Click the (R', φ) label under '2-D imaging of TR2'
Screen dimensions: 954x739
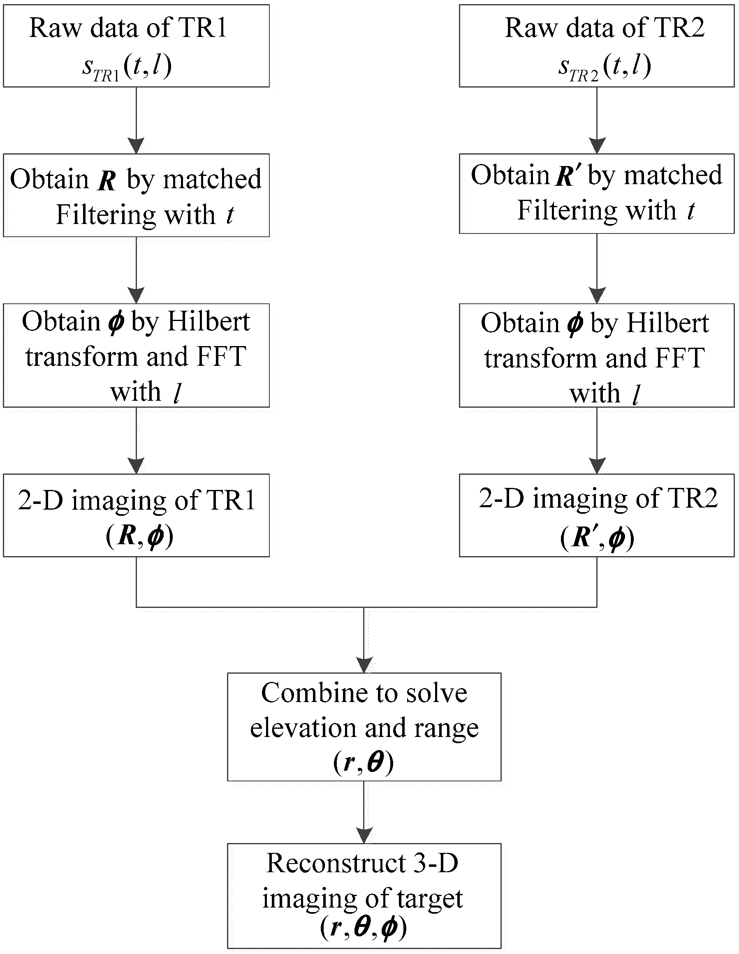[597, 538]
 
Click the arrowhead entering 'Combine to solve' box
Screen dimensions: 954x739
[364, 664]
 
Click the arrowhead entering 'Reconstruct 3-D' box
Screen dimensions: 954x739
[364, 835]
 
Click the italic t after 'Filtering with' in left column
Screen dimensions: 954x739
[230, 215]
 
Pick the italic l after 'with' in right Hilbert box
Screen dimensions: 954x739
[636, 395]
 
